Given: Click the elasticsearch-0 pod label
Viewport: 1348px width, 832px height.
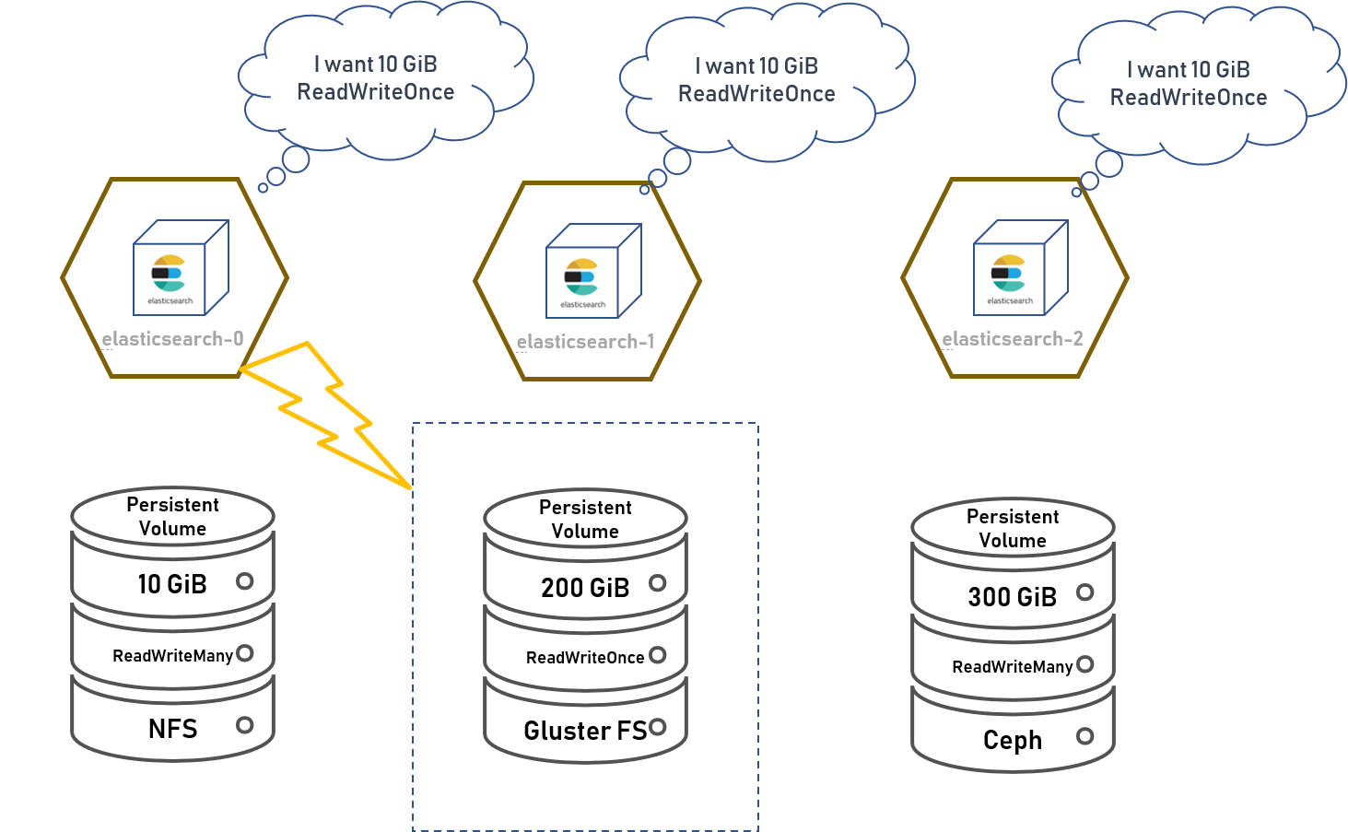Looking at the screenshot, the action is coord(172,339).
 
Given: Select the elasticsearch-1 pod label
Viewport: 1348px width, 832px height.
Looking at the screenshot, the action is coord(585,342).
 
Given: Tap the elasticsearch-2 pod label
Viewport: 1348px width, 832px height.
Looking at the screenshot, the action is coord(1013,339).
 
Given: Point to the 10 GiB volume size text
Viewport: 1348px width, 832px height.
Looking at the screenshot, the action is coord(172,584).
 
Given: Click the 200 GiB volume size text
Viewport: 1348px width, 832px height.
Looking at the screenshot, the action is coord(585,588).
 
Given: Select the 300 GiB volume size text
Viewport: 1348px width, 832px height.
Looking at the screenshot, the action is coord(1013,597).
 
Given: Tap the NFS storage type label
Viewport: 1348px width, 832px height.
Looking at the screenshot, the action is coord(172,729).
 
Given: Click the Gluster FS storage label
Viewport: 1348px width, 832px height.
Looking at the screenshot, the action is coord(585,731).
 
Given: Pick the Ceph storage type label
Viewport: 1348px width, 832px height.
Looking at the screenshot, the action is coord(1013,741).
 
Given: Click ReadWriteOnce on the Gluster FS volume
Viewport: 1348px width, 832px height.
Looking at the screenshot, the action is coord(585,658).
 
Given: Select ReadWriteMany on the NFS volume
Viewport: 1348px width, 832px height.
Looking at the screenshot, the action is coord(172,656).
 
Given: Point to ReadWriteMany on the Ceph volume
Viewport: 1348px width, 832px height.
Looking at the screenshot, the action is coord(1013,666).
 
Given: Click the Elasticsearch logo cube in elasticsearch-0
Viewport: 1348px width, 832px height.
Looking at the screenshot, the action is coord(181,267).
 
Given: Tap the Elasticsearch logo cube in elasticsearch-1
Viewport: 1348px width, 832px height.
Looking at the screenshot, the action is coord(593,271).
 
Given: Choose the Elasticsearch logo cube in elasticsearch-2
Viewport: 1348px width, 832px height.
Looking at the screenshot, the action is coord(1021,267).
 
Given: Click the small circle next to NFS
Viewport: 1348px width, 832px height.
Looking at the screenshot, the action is coord(244,725).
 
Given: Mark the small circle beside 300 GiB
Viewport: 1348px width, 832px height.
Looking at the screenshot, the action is coord(1085,592).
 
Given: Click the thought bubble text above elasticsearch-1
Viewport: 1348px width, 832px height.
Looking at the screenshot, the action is coord(756,80).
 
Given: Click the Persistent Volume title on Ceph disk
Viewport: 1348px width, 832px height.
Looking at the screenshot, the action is coord(1013,528).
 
